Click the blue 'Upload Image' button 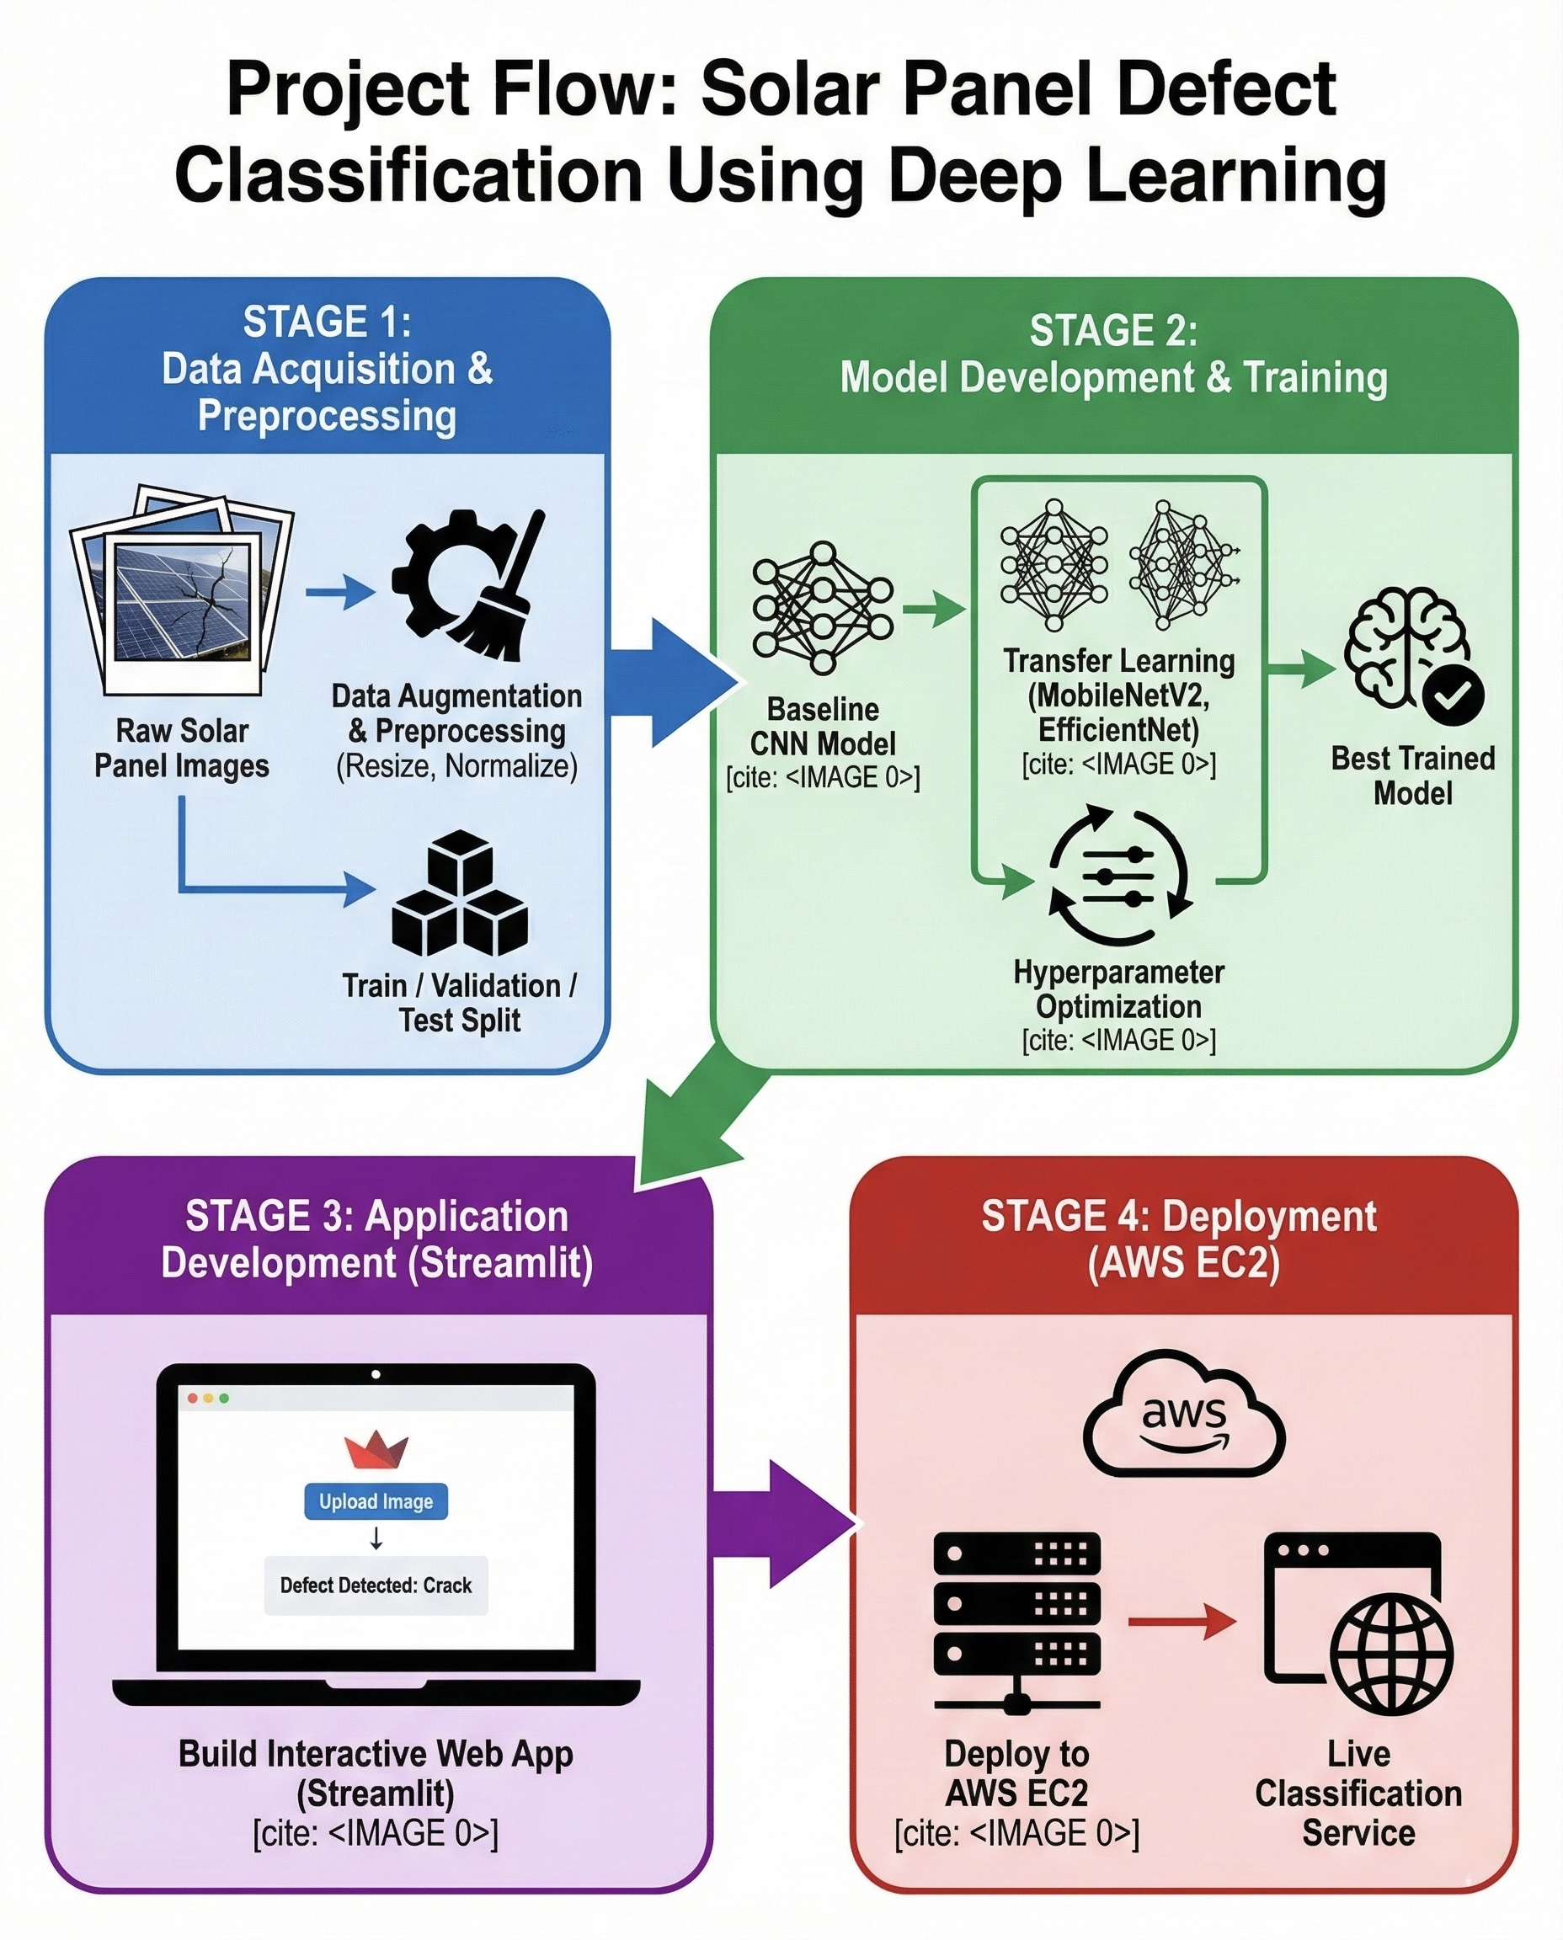point(376,1500)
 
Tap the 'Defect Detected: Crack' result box point(376,1586)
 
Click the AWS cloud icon point(1183,1416)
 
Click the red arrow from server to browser point(1182,1622)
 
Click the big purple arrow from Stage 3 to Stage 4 point(783,1524)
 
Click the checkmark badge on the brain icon point(1452,694)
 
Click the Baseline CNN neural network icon point(822,608)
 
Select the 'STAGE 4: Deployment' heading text point(1177,1216)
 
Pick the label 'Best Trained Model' point(1411,775)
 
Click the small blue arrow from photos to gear point(339,592)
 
